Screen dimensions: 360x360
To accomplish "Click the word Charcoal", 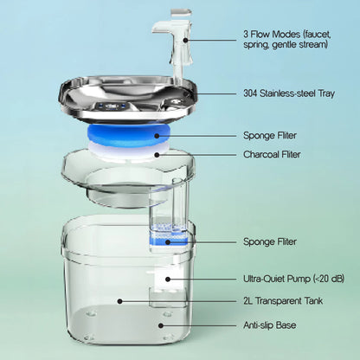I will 262,155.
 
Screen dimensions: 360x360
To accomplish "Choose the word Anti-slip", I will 260,325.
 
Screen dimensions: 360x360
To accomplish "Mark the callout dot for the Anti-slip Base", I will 160,325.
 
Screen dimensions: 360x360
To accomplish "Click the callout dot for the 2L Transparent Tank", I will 120,302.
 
